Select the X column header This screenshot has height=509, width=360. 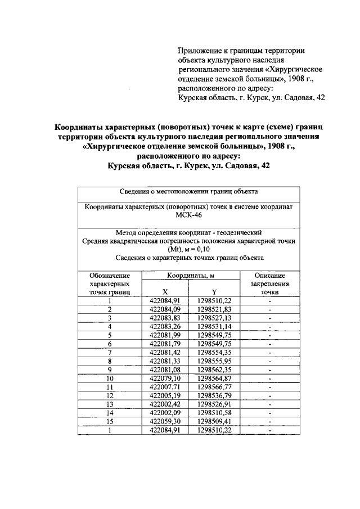pyautogui.click(x=165, y=292)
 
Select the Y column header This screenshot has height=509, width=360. pyautogui.click(x=214, y=292)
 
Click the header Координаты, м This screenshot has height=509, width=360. pyautogui.click(x=190, y=276)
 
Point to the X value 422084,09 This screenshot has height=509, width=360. pyautogui.click(x=165, y=309)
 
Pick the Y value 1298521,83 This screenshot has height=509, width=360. pyautogui.click(x=214, y=309)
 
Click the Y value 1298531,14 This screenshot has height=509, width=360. pyautogui.click(x=214, y=326)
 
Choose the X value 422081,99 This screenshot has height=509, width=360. pyautogui.click(x=165, y=335)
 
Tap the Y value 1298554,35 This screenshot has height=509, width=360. pyautogui.click(x=214, y=352)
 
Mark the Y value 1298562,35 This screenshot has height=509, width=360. pyautogui.click(x=214, y=370)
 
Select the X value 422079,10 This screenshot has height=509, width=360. pyautogui.click(x=165, y=378)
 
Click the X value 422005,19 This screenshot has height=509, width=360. pyautogui.click(x=165, y=395)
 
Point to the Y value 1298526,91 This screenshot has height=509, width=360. pyautogui.click(x=214, y=404)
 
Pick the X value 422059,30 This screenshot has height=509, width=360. pyautogui.click(x=165, y=421)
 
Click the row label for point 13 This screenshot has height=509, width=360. pyautogui.click(x=110, y=404)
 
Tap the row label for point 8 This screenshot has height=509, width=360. pyautogui.click(x=110, y=361)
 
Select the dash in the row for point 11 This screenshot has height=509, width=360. pyautogui.click(x=270, y=387)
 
